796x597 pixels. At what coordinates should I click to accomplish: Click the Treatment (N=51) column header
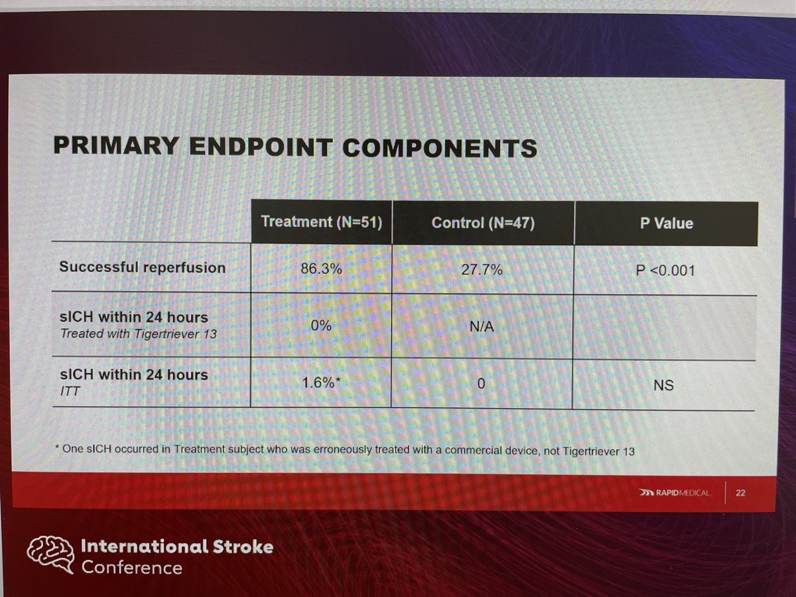pos(322,222)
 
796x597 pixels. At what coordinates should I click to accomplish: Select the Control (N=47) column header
pos(483,223)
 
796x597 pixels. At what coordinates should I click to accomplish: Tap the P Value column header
pos(667,224)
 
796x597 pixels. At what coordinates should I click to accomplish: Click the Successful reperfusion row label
pos(143,268)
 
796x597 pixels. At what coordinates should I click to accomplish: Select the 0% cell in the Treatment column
pos(321,326)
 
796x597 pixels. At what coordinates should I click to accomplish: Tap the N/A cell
pos(482,328)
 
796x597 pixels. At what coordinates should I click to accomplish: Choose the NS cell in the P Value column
pos(664,385)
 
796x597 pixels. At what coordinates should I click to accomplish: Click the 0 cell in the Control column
pos(483,384)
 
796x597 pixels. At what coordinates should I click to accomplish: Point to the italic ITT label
pos(68,393)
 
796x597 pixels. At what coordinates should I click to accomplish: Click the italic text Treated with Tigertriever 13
pos(138,333)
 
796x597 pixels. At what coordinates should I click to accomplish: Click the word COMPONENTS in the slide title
pos(438,148)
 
